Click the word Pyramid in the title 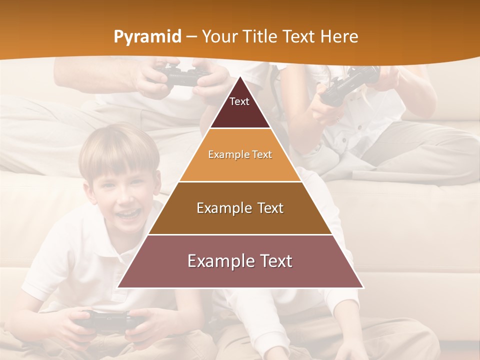(147, 37)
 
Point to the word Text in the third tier (270, 208)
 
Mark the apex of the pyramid (240, 78)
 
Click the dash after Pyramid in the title (192, 36)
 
